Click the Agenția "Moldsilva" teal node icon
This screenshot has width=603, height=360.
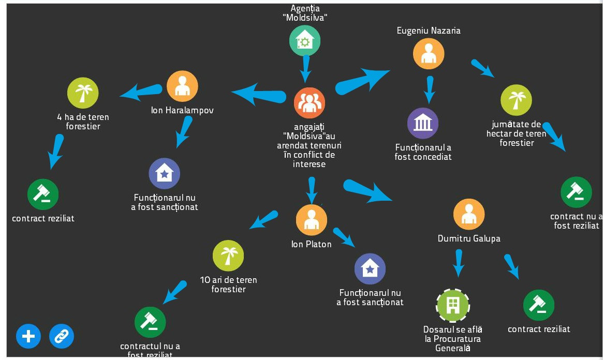304,40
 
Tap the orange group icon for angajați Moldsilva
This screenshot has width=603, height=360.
310,103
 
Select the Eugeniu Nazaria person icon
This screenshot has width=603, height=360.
429,53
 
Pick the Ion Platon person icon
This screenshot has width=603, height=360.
312,220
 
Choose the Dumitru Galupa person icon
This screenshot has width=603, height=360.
469,214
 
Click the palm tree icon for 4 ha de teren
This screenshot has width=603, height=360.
83,93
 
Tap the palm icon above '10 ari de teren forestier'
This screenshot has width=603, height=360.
228,256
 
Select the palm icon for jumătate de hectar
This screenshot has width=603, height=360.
516,100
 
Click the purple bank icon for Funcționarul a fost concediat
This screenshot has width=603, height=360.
423,123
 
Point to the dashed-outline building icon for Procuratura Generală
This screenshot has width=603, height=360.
453,305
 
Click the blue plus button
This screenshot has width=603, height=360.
28,337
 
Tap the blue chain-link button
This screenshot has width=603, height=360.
62,337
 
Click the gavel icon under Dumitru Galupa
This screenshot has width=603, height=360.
539,305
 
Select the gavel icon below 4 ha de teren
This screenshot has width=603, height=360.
43,194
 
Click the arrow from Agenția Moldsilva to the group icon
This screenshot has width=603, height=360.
305,68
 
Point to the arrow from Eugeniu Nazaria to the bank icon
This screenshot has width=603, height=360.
429,89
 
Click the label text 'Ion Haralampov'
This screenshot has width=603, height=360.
182,110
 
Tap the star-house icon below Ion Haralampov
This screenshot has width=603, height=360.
165,173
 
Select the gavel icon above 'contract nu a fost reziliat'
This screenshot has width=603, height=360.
576,192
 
